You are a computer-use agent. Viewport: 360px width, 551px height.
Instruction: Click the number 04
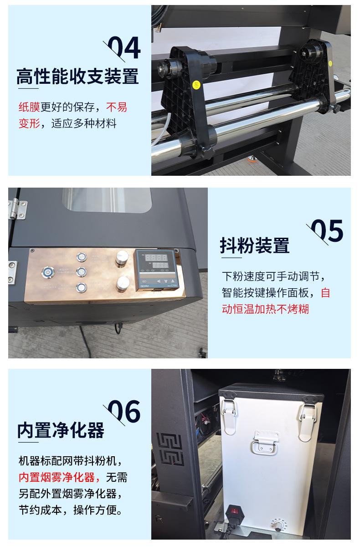(x=124, y=47)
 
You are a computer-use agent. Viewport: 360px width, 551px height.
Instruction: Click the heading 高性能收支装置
(x=77, y=77)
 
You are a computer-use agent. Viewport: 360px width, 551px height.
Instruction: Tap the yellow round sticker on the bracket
(x=196, y=85)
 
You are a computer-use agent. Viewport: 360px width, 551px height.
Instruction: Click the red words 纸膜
(x=29, y=107)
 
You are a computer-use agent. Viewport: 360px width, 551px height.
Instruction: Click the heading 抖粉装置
(x=255, y=245)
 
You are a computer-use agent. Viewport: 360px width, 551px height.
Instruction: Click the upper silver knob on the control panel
(x=122, y=258)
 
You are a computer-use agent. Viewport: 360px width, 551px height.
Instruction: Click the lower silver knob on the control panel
(x=123, y=284)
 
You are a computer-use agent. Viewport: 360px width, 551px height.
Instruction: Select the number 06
(x=124, y=411)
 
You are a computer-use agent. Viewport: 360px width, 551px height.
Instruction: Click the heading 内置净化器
(x=61, y=430)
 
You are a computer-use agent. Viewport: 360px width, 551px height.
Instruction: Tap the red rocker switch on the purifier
(x=234, y=511)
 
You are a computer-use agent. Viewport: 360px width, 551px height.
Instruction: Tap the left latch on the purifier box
(x=229, y=416)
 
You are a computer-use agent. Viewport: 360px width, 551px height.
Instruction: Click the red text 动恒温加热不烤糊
(x=265, y=309)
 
